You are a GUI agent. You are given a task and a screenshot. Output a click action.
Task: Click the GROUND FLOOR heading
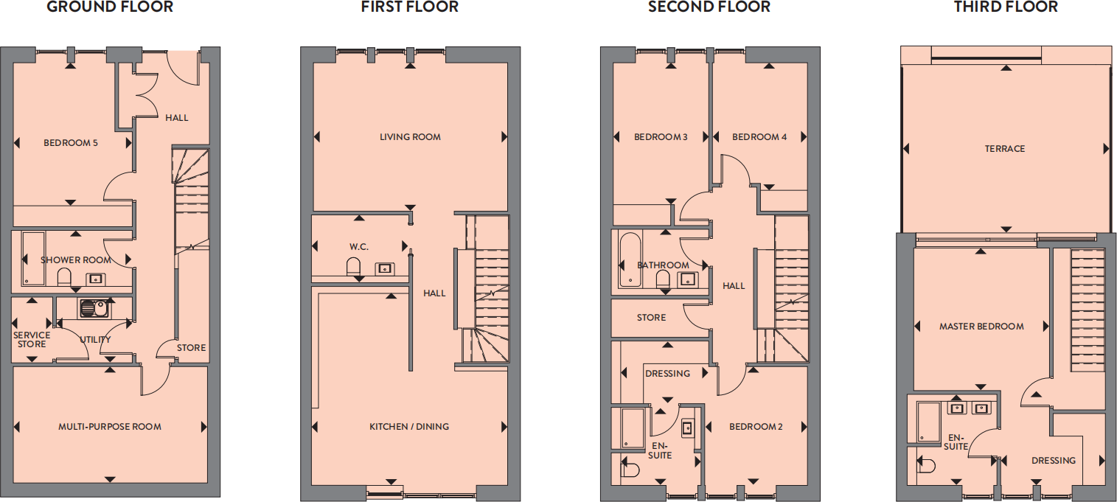(x=110, y=7)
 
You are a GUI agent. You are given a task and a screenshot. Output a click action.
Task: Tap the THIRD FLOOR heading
(x=1006, y=7)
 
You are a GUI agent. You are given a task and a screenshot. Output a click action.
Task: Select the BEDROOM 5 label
(x=71, y=143)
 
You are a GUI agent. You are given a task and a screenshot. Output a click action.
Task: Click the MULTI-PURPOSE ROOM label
(x=110, y=427)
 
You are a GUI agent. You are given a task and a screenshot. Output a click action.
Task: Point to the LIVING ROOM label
(x=410, y=137)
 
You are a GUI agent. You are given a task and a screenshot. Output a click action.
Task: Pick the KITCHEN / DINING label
(x=409, y=427)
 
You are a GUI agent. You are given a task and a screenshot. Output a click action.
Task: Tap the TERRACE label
(x=1005, y=149)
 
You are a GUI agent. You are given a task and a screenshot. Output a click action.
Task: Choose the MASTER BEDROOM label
(x=981, y=327)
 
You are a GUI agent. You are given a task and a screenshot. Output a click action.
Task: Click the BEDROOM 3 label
(x=661, y=137)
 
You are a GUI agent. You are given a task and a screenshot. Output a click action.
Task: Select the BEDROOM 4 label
(x=759, y=137)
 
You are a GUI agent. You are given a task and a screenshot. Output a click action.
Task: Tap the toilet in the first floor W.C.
(x=353, y=266)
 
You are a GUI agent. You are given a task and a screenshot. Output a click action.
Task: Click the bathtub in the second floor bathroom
(x=630, y=259)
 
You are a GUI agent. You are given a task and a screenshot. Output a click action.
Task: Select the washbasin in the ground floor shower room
(x=95, y=279)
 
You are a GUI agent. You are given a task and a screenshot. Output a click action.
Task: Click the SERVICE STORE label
(x=32, y=340)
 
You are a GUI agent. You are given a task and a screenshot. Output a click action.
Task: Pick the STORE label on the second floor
(x=651, y=318)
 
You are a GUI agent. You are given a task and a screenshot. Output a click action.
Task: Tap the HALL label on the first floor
(x=434, y=293)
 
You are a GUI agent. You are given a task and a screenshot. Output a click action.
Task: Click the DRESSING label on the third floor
(x=1054, y=461)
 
